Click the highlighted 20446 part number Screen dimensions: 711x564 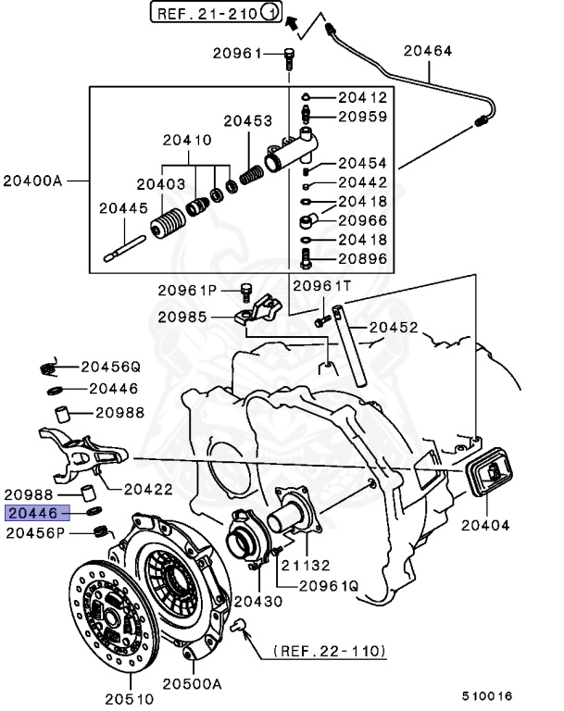coord(33,512)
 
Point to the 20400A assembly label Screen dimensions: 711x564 coord(32,180)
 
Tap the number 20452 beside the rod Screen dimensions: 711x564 coord(394,326)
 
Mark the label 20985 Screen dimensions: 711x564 coord(181,317)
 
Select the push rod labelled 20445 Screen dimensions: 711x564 coord(127,246)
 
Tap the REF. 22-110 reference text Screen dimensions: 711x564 coord(329,652)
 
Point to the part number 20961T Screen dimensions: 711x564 coord(318,287)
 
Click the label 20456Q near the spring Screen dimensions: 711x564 coord(109,367)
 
